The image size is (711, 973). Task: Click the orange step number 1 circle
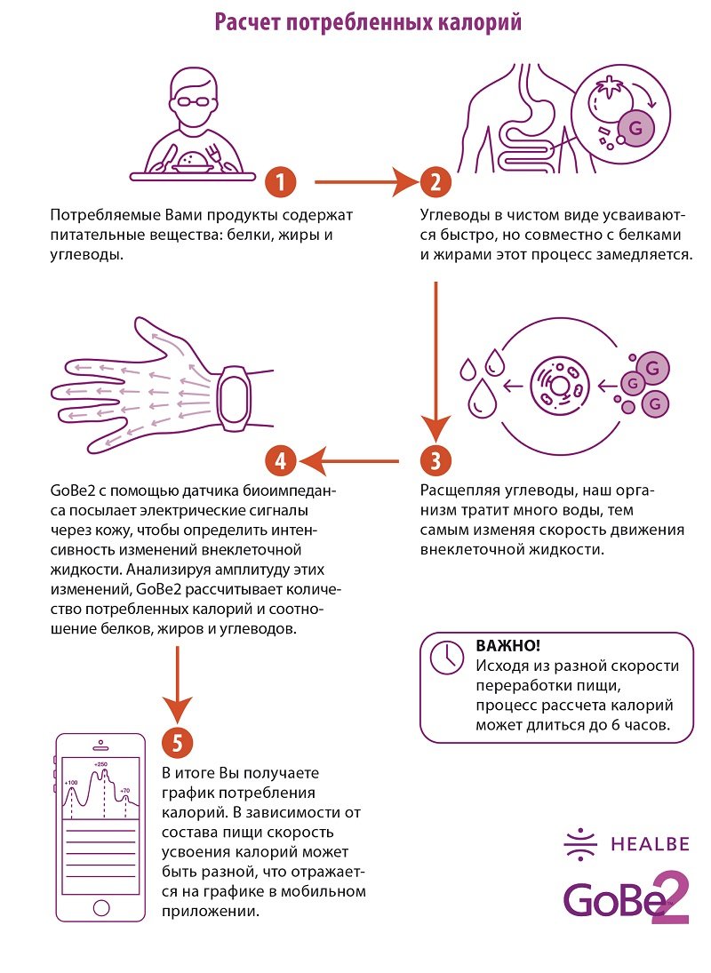pyautogui.click(x=281, y=182)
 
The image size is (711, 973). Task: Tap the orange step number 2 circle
pyautogui.click(x=435, y=182)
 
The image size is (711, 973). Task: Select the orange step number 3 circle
pyautogui.click(x=435, y=461)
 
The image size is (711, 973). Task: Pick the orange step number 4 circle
pyautogui.click(x=281, y=461)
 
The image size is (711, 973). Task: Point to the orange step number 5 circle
pyautogui.click(x=178, y=743)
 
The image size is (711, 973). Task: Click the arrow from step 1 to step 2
pyautogui.click(x=367, y=182)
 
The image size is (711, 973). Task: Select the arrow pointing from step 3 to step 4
pyautogui.click(x=348, y=461)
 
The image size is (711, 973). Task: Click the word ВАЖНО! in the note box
pyautogui.click(x=508, y=645)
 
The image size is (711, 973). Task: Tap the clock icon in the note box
pyautogui.click(x=447, y=657)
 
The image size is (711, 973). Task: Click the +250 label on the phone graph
pyautogui.click(x=100, y=764)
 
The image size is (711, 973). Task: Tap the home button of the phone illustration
pyautogui.click(x=101, y=908)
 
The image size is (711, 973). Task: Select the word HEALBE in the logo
pyautogui.click(x=651, y=844)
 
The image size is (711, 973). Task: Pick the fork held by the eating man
pyautogui.click(x=217, y=156)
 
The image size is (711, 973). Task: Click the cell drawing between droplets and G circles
pyautogui.click(x=559, y=386)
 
